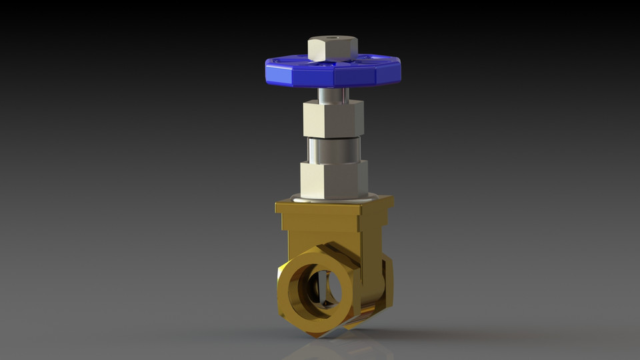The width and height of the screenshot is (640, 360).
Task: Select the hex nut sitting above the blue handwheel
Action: click(x=332, y=49)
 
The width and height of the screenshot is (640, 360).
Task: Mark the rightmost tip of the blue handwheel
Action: click(x=401, y=65)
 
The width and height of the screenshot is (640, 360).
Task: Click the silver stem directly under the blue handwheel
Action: click(x=331, y=95)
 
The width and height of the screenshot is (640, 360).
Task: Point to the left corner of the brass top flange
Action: click(x=276, y=207)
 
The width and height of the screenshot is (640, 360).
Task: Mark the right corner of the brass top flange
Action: click(x=393, y=199)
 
